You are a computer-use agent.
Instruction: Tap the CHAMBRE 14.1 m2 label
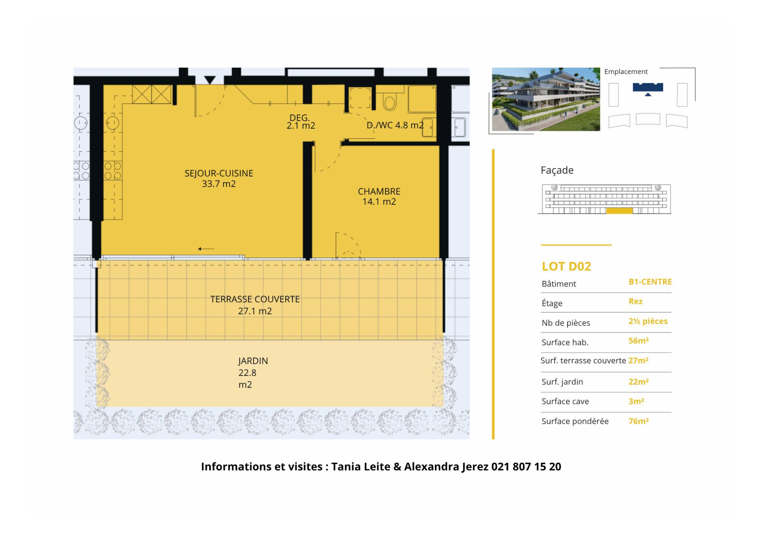[x=379, y=196]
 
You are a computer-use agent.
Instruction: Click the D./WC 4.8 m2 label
[x=395, y=125]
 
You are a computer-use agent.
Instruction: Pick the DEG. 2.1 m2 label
[x=300, y=122]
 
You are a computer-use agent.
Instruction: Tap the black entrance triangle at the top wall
[x=210, y=80]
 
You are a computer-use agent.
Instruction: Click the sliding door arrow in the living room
[x=206, y=249]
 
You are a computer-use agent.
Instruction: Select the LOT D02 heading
[x=566, y=267]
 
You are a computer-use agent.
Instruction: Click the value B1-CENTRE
[x=650, y=282]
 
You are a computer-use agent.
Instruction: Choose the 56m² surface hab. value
[x=639, y=341]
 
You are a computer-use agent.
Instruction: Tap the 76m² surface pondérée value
[x=639, y=421]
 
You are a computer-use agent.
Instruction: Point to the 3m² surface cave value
[x=636, y=401]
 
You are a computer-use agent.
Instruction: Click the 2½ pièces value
[x=648, y=321]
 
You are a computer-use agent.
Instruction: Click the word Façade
[x=557, y=170]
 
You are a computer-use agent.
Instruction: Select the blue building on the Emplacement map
[x=648, y=88]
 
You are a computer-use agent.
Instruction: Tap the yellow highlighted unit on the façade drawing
[x=619, y=211]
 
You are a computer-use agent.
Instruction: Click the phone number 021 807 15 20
[x=526, y=466]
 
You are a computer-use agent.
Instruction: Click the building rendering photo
[x=546, y=99]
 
